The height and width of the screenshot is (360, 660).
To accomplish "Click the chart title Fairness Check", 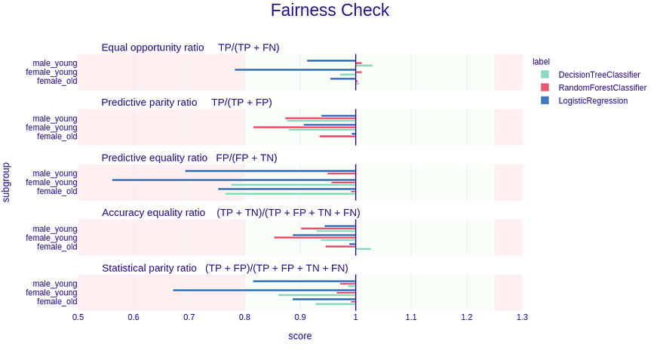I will (330, 11).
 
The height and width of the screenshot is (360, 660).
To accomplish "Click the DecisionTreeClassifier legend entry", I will (599, 75).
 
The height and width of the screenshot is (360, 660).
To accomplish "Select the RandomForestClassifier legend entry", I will (602, 88).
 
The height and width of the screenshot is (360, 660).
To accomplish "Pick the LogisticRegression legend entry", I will (593, 100).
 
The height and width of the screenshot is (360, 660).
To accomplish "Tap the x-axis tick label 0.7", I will (189, 317).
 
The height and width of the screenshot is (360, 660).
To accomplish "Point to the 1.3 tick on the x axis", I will (522, 317).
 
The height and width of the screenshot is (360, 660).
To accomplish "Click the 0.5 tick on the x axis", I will (78, 317).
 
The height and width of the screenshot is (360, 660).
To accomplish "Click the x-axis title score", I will (299, 336).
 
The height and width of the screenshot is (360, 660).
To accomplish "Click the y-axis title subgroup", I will (7, 182).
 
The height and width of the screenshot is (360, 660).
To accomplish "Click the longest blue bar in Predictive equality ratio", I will (234, 180).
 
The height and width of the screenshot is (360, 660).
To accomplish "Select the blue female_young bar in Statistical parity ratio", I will (264, 290).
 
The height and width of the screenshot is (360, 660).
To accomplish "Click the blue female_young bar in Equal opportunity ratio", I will (295, 69).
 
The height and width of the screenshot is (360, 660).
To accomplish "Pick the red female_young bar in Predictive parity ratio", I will (304, 127).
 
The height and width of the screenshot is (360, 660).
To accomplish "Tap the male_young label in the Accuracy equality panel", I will (55, 229).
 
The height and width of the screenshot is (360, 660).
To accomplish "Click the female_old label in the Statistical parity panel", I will (57, 301).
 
